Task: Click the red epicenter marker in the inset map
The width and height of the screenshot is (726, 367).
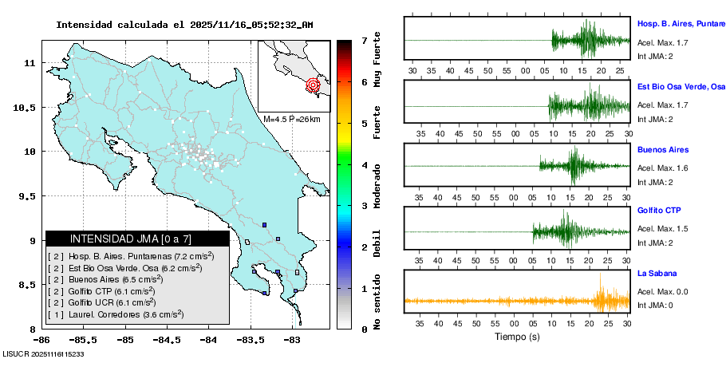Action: point(314,85)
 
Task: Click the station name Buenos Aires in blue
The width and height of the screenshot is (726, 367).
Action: point(662,150)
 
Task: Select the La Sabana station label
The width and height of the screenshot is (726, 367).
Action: point(658,273)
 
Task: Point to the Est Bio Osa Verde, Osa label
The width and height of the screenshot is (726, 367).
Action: point(681,85)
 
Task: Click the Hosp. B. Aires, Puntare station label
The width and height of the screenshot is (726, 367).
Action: point(681,24)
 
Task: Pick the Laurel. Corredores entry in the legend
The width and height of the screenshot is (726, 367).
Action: point(125,315)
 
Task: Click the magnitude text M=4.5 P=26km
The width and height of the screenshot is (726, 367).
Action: point(291,120)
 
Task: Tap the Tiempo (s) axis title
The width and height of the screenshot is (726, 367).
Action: point(517,337)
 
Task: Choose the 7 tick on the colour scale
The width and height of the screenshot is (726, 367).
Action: point(364,41)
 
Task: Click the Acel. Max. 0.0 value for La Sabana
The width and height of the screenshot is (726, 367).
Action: point(662,292)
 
